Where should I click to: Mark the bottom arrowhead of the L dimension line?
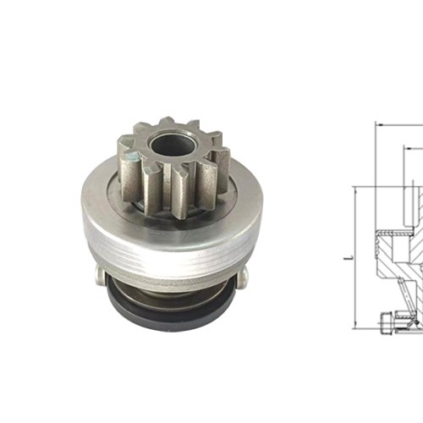click(354, 327)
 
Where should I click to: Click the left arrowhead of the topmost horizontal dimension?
click(376, 125)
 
